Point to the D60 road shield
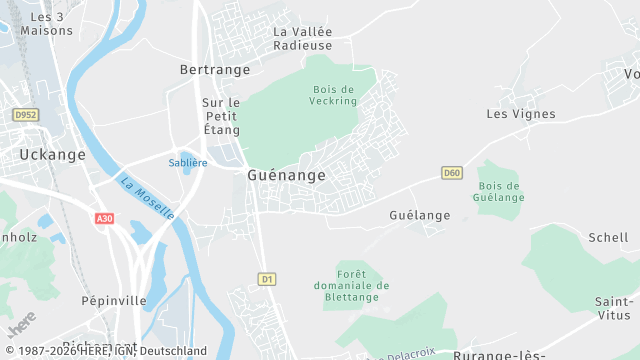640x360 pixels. [x=452, y=173]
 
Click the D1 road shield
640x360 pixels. [x=266, y=279]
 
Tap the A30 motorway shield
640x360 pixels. [x=104, y=218]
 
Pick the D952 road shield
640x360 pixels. [x=25, y=116]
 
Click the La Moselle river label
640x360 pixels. [x=147, y=198]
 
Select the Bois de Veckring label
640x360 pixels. [x=334, y=95]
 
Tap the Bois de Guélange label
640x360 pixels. [x=501, y=191]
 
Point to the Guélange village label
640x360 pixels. [x=419, y=215]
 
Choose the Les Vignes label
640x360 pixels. [x=520, y=114]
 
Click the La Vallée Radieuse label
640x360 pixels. [x=302, y=38]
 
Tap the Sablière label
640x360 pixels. [x=188, y=162]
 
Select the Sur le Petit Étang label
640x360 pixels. [x=221, y=116]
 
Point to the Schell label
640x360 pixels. [x=608, y=238]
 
